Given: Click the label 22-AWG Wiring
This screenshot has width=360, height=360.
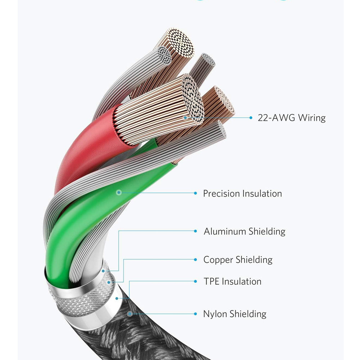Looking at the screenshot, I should tap(292, 118).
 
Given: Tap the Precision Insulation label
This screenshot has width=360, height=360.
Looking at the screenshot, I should tap(242, 193).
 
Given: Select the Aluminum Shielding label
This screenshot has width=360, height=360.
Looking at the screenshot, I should tap(244, 231).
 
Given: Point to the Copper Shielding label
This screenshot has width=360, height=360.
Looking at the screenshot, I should tap(238, 260).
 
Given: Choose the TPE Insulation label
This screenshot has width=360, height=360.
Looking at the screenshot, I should tap(233, 281).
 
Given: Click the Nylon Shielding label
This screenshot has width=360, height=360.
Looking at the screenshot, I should tap(235, 314).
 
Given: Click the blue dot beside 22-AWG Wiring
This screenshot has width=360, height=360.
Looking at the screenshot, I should tap(251, 117).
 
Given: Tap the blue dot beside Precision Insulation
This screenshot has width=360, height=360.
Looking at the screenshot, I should tap(195, 193).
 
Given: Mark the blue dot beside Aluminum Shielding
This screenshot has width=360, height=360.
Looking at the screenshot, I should tap(195, 231).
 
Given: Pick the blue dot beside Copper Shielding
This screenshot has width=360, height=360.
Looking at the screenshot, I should tap(195, 260).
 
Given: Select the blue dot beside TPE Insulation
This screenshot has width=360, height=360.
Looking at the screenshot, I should tap(195, 281).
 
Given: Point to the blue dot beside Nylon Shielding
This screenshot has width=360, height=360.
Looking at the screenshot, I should tap(195, 314).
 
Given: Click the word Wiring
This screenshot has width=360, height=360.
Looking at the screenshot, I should tap(310, 118).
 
